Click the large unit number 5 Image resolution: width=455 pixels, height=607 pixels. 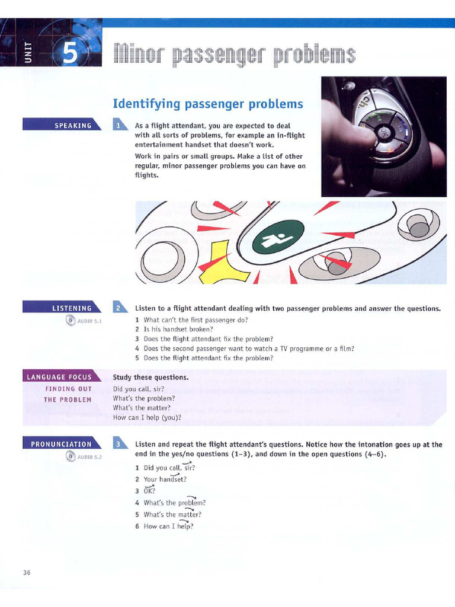(x=70, y=54)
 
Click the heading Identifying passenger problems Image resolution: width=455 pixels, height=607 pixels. (x=207, y=104)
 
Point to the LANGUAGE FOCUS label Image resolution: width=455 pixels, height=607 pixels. (x=58, y=377)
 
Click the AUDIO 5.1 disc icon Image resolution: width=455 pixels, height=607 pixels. (x=71, y=321)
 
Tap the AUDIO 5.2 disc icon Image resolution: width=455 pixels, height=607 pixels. (x=71, y=456)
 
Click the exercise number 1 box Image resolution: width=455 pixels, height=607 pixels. (x=120, y=125)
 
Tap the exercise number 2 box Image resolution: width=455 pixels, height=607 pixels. (x=120, y=308)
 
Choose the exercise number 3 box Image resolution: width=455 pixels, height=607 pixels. (x=120, y=443)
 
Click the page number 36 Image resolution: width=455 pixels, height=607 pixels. (x=27, y=572)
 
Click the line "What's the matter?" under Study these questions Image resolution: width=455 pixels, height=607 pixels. (x=142, y=408)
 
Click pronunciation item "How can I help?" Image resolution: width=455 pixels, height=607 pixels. (x=168, y=526)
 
